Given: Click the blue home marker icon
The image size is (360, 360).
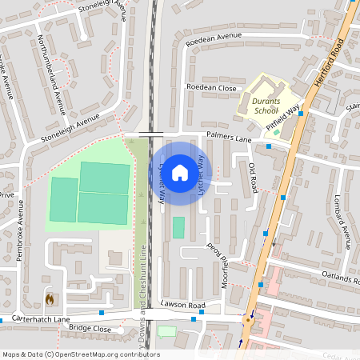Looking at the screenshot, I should pyautogui.click(x=180, y=173).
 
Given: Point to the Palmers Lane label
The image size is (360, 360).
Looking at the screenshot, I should pyautogui.click(x=229, y=138).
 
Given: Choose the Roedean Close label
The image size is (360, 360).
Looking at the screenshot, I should pyautogui.click(x=211, y=86).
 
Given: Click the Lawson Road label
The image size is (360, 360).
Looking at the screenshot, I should pyautogui.click(x=183, y=305).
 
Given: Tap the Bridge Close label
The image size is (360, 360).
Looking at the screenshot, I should pyautogui.click(x=90, y=328).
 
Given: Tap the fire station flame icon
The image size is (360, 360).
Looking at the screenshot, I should pyautogui.click(x=50, y=299).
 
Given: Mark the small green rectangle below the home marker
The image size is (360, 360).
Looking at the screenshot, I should pyautogui.click(x=178, y=227).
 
